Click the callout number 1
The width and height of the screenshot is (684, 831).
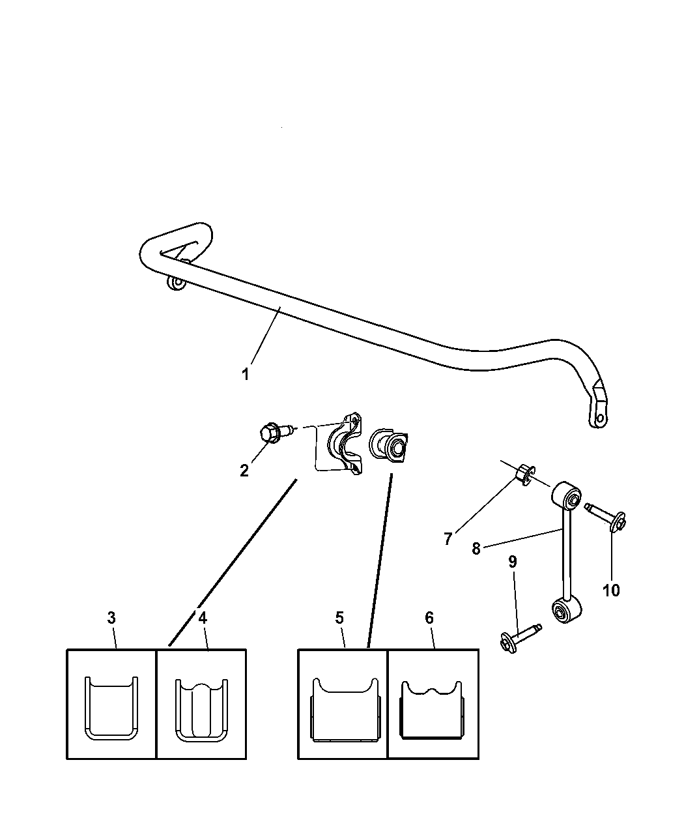[246, 375]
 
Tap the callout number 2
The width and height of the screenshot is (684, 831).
[244, 471]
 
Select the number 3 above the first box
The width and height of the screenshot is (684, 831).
[112, 617]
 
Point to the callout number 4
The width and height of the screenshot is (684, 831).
[203, 617]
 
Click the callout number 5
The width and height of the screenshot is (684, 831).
[339, 617]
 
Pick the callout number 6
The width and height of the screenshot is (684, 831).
[429, 617]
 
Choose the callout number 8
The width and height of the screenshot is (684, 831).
[476, 549]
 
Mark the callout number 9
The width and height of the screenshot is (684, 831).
[513, 562]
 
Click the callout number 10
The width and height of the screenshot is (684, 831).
[610, 590]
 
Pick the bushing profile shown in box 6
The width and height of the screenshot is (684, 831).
[433, 710]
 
